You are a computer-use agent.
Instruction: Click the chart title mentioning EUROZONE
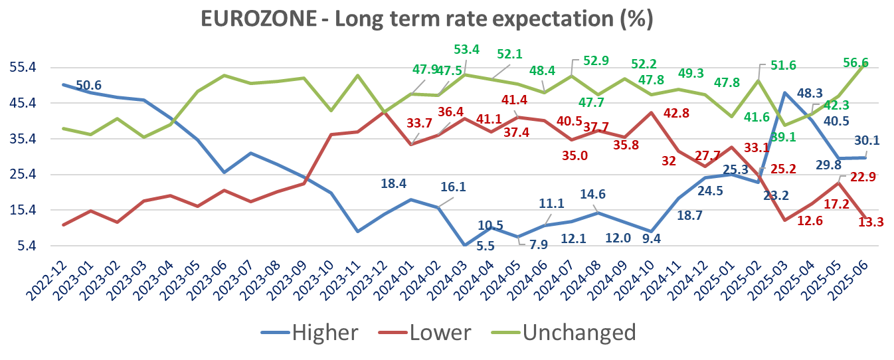[x=428, y=19]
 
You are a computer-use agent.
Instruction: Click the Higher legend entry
[x=325, y=332]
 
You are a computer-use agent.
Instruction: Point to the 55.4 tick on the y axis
[x=23, y=67]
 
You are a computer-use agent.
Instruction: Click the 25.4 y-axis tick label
[x=23, y=175]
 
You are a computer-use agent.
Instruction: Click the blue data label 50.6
[x=90, y=85]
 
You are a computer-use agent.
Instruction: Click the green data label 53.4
[x=466, y=49]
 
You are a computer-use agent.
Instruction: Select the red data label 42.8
[x=679, y=113]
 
